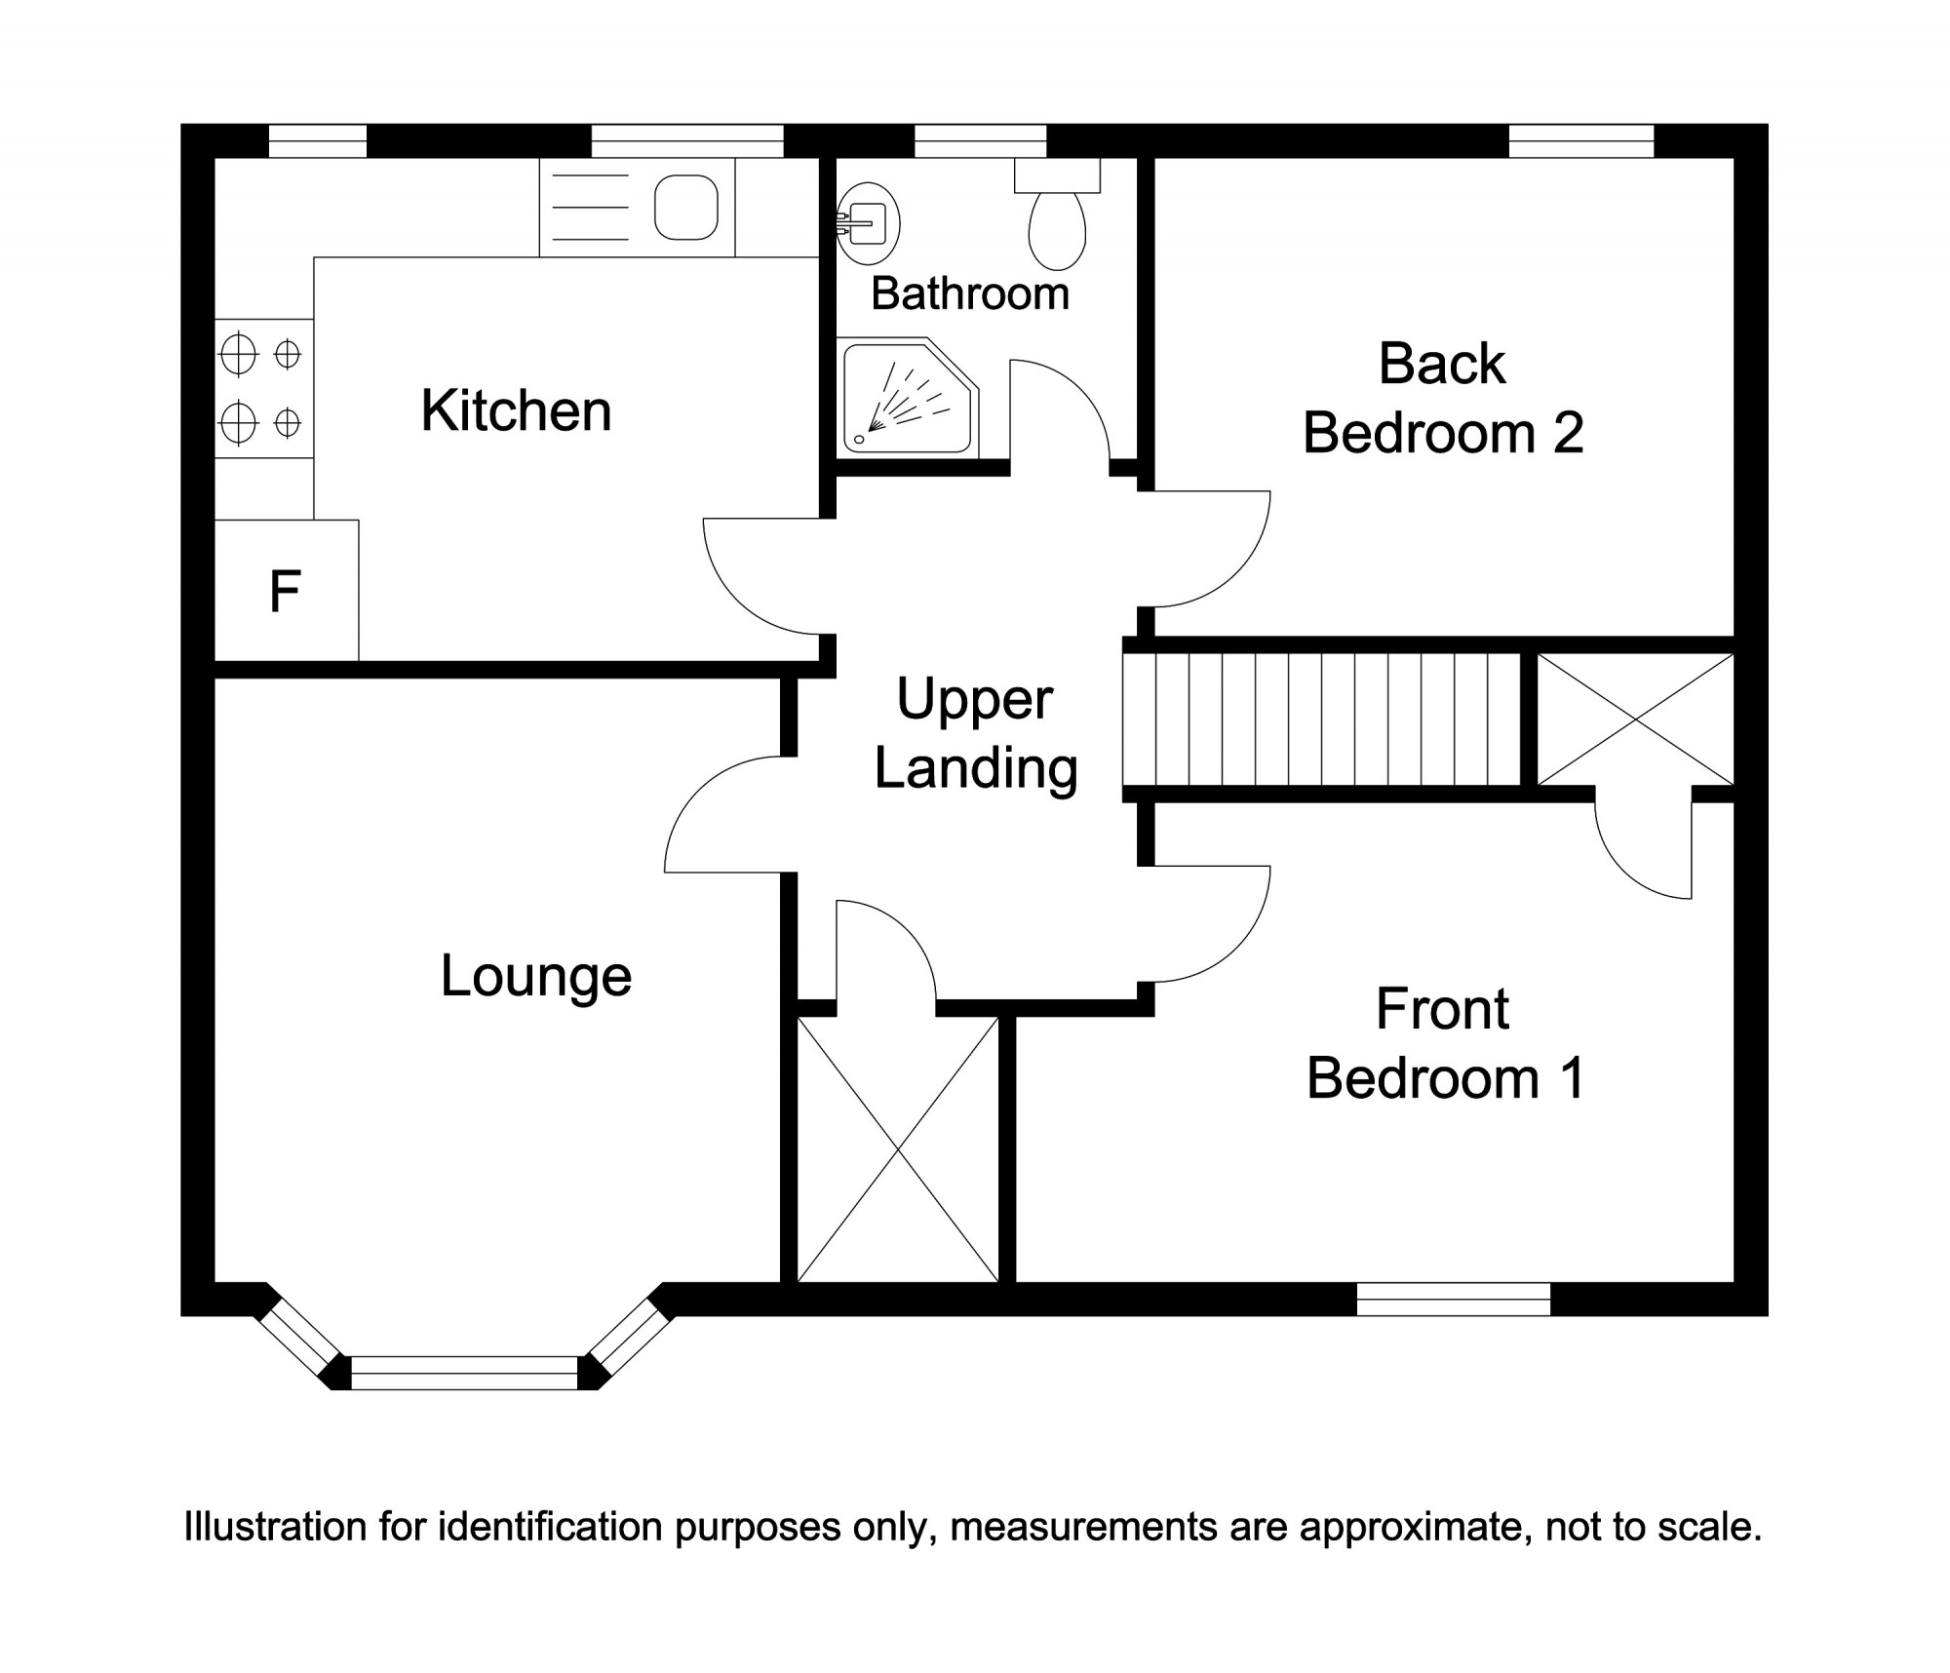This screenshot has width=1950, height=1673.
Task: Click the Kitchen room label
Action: [x=516, y=410]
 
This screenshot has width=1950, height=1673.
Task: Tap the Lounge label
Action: [x=536, y=976]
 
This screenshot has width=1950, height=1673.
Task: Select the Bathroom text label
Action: [x=970, y=293]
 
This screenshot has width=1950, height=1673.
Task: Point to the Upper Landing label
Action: [x=975, y=733]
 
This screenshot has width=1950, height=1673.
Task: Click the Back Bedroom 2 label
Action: [x=1443, y=398]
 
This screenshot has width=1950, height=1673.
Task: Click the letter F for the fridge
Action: [x=285, y=591]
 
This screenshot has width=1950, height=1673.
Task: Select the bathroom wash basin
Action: [x=869, y=222]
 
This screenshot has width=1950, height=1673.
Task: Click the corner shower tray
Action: [x=902, y=400]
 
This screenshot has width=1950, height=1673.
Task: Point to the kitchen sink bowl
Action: [x=686, y=207]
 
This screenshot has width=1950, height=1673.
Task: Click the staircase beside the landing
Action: [x=1322, y=720]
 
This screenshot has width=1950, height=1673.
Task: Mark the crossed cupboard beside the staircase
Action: [x=1635, y=720]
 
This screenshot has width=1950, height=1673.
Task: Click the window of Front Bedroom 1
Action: [x=1454, y=1299]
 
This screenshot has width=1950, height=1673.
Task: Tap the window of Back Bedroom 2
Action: [x=1581, y=141]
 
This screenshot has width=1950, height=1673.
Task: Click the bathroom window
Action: [x=980, y=141]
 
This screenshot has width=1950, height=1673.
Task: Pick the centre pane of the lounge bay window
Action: [x=464, y=1373]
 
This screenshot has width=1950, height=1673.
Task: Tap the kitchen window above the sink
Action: [x=687, y=141]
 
